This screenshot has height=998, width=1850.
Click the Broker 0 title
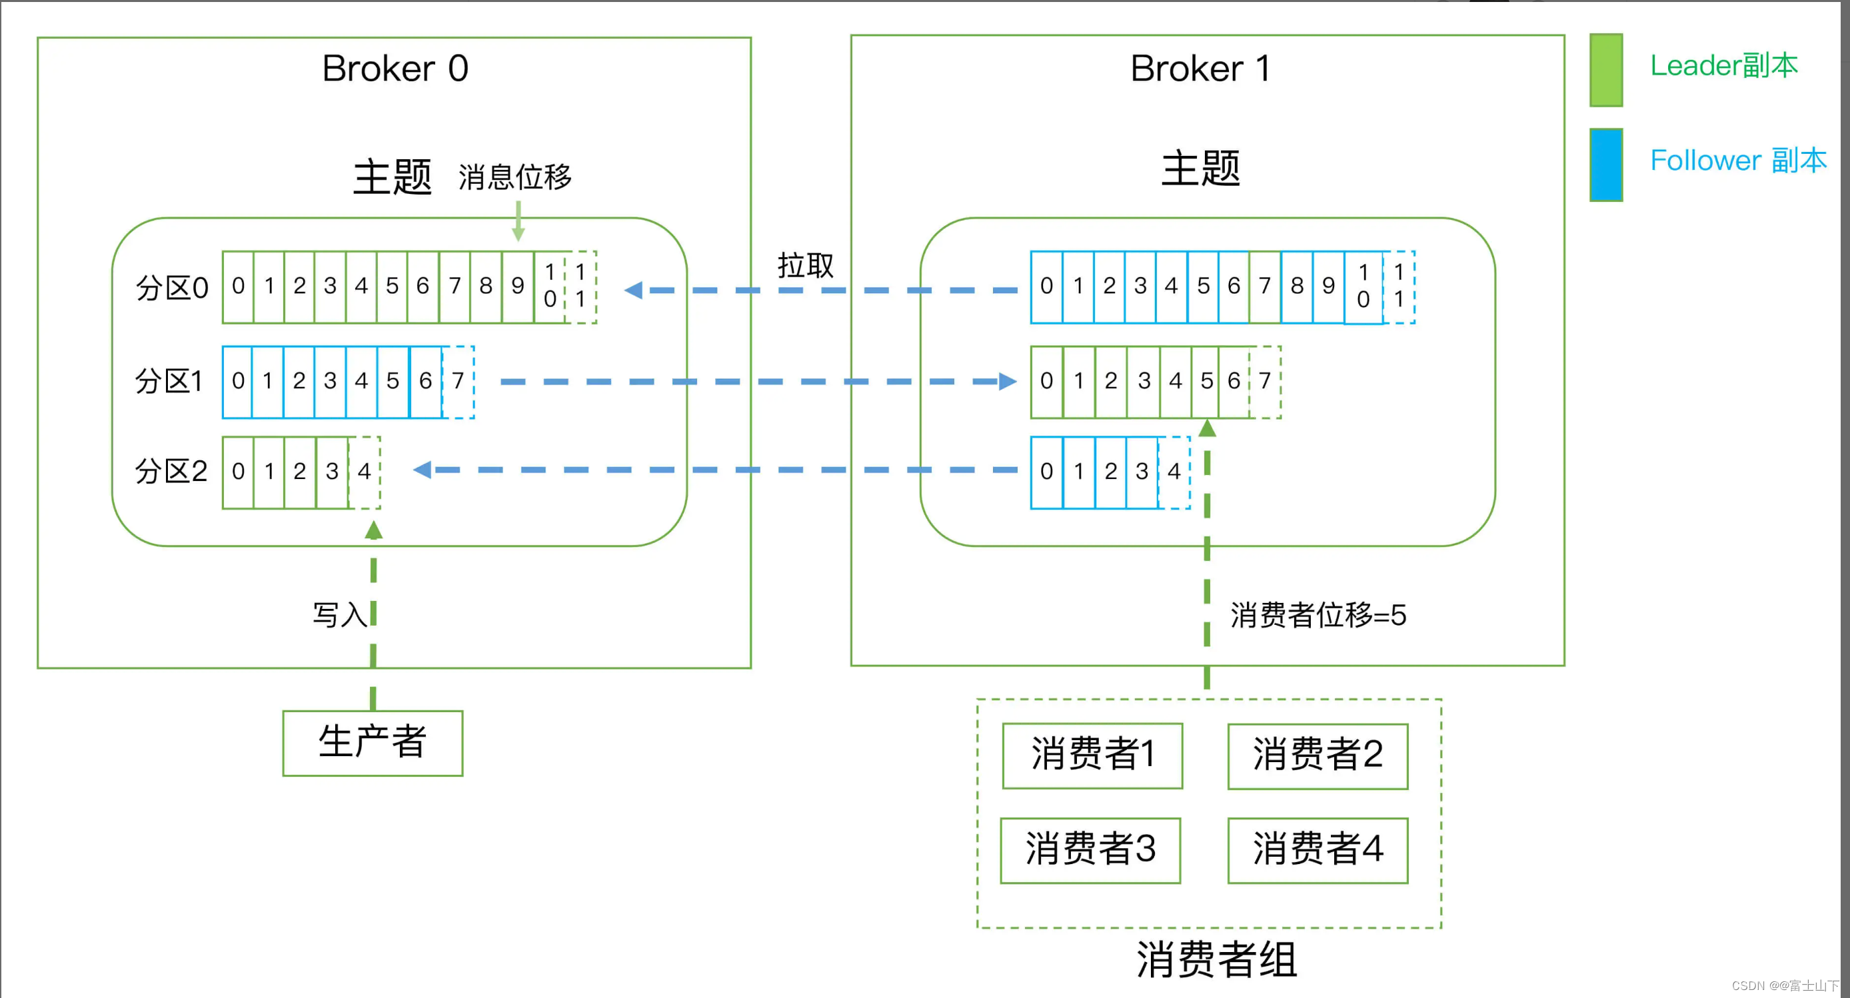point(395,69)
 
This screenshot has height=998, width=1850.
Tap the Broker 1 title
point(1200,69)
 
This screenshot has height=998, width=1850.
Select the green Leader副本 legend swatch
point(1606,70)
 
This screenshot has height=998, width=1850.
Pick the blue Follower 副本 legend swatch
point(1606,165)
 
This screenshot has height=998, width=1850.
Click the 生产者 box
point(373,743)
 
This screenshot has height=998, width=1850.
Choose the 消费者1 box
point(1092,755)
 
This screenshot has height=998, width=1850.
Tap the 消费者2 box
point(1317,755)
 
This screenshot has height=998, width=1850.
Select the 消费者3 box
point(1090,850)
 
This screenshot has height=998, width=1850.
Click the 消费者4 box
point(1317,850)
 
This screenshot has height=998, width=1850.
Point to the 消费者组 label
point(1217,959)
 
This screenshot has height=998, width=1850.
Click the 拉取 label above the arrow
point(805,266)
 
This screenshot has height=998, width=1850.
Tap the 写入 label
point(339,615)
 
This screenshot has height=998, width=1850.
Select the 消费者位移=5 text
point(1318,616)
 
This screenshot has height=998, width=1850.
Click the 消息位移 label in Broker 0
point(515,177)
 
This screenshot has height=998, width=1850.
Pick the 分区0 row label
point(172,288)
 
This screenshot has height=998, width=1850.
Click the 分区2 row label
point(171,472)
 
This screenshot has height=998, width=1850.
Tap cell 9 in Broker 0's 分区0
point(518,286)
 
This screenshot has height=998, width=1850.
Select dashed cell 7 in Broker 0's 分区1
point(459,381)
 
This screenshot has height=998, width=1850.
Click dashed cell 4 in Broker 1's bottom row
point(1174,472)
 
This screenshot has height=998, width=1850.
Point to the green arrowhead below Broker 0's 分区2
point(373,530)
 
